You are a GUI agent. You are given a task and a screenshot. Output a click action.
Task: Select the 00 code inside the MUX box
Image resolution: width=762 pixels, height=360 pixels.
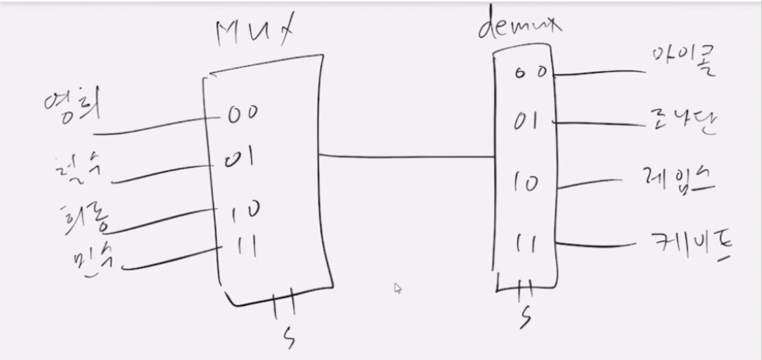point(242,114)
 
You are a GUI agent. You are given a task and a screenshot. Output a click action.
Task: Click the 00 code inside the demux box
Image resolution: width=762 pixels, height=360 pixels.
point(530,71)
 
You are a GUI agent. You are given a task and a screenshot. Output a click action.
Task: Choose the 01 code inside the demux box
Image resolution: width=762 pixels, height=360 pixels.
point(526,123)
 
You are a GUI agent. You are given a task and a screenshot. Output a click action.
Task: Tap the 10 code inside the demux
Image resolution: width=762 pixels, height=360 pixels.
point(526,184)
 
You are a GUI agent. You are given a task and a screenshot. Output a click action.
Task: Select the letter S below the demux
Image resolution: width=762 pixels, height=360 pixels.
point(525,316)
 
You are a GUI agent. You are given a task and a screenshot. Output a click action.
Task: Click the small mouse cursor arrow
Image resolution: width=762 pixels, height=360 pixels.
point(397,287)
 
